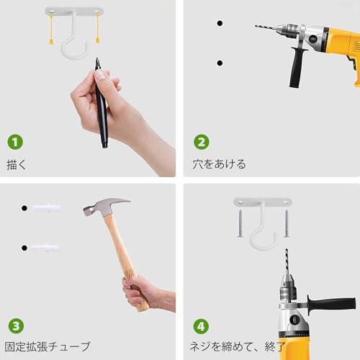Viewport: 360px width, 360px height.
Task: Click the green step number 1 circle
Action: [15, 142]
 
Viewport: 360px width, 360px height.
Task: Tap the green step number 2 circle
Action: [202, 142]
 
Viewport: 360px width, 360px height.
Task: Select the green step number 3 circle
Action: [15, 325]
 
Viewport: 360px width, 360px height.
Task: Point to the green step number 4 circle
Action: [202, 325]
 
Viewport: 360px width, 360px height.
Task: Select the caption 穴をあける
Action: [219, 164]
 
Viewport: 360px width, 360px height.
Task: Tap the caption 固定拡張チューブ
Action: [48, 346]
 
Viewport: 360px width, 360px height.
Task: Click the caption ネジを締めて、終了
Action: [238, 346]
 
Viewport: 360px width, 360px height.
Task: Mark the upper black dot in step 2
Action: [219, 23]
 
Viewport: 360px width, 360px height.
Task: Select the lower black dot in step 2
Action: [219, 63]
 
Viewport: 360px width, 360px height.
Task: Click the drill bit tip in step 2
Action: [257, 27]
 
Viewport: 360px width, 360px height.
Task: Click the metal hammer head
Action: [104, 207]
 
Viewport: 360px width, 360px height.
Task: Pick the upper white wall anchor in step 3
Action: [46, 207]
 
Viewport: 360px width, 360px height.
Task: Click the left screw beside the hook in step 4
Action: [240, 224]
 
